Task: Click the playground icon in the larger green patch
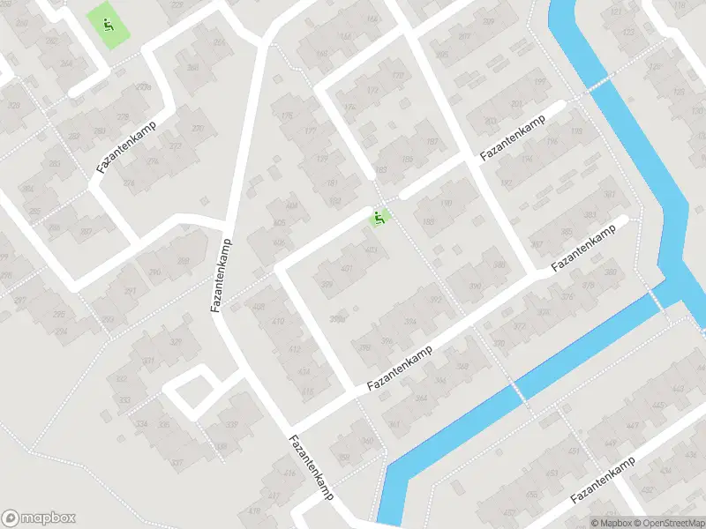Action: pos(108,23)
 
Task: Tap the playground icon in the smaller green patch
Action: pos(380,217)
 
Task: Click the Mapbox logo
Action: pos(39,518)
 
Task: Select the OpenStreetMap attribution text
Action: pos(669,523)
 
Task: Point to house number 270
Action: pos(198,129)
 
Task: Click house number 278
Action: pos(123,116)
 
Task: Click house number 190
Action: pos(445,204)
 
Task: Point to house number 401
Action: pos(347,268)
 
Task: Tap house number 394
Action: pos(409,323)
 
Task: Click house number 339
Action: pos(231,425)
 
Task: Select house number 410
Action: pos(278,322)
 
